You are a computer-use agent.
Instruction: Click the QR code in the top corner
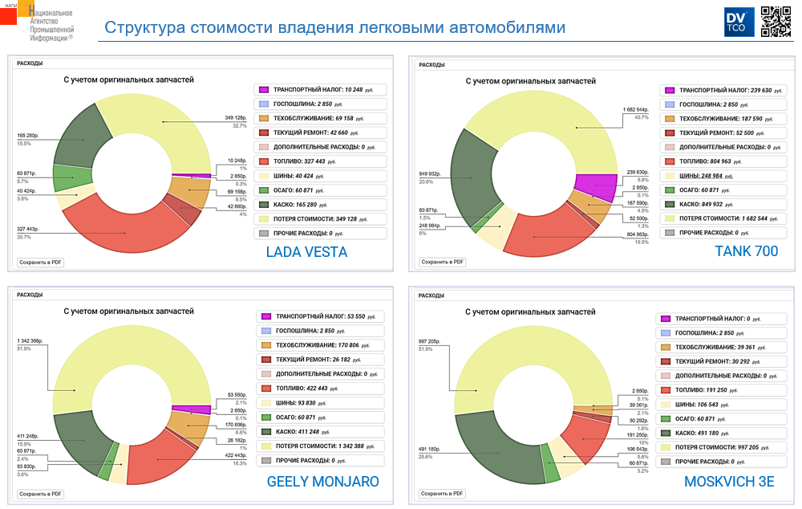[776, 21]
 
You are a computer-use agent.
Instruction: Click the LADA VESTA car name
[306, 252]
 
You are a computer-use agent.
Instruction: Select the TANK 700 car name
[746, 251]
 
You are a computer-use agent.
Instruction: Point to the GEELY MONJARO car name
[322, 482]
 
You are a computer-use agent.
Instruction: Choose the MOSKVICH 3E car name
[730, 482]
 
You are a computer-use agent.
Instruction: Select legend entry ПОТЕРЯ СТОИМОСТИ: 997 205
[720, 447]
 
